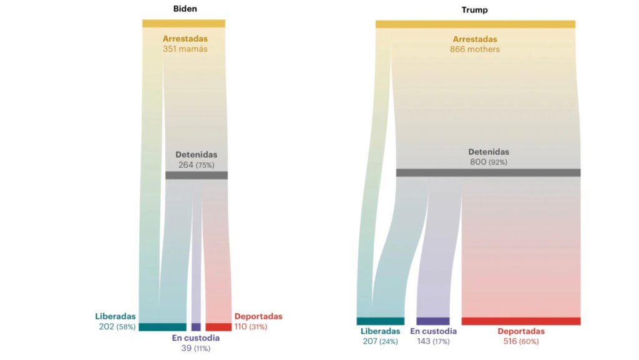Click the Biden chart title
[x=185, y=9]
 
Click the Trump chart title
[x=475, y=10]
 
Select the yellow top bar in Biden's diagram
[x=183, y=24]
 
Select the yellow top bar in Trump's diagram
[x=475, y=24]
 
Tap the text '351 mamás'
[x=185, y=49]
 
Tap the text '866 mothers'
[x=475, y=49]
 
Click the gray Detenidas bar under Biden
[x=196, y=175]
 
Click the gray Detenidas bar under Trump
[x=488, y=173]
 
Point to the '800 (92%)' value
[x=489, y=162]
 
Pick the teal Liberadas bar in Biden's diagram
[x=162, y=327]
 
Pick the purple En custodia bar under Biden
[x=196, y=327]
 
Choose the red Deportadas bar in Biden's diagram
[x=218, y=327]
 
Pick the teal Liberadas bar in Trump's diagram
[x=380, y=321]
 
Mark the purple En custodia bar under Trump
[x=432, y=321]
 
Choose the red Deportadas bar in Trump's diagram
[x=521, y=321]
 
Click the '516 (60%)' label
[x=521, y=341]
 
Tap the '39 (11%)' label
[x=196, y=348]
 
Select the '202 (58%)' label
[x=117, y=327]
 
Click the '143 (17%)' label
[x=433, y=341]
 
